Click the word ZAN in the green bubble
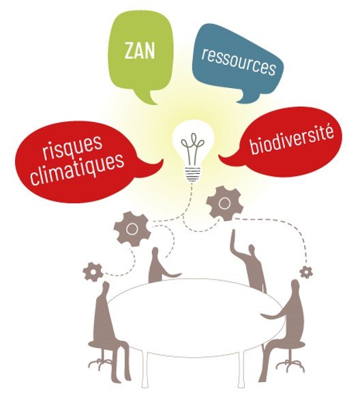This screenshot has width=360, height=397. tap(140, 51)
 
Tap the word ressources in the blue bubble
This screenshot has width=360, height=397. tap(239, 61)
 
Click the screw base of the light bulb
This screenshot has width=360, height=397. tap(193, 174)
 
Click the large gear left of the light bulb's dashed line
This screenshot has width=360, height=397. tap(132, 229)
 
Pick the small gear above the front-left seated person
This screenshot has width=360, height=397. tap(93, 272)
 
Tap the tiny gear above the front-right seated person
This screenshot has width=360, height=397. tap(306, 272)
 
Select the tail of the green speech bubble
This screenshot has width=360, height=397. tap(147, 99)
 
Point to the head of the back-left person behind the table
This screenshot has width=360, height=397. tap(155, 254)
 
